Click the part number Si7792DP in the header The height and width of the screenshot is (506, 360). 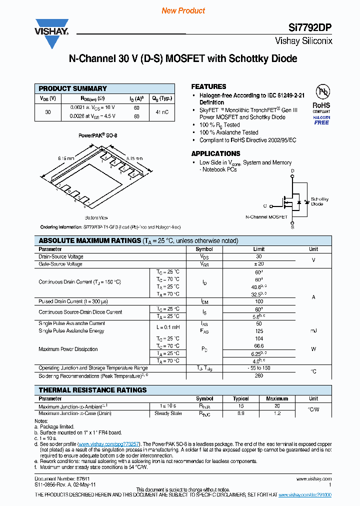click(x=311, y=28)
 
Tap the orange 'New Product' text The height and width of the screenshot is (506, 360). click(x=183, y=10)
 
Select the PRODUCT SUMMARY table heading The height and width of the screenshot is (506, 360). click(x=73, y=88)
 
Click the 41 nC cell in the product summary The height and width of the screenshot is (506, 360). click(x=162, y=112)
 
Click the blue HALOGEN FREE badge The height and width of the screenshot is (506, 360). click(x=321, y=119)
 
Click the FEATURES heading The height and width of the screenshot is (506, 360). click(x=208, y=86)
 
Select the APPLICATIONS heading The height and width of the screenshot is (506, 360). click(x=215, y=153)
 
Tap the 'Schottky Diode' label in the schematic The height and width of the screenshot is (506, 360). click(x=319, y=201)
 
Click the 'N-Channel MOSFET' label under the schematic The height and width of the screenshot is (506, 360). click(x=266, y=217)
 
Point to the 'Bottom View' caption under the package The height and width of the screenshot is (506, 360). click(x=96, y=217)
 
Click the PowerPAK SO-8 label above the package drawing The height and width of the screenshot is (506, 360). click(x=98, y=135)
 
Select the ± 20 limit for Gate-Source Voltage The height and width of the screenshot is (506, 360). click(x=258, y=263)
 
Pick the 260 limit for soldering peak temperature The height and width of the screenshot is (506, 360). click(x=258, y=375)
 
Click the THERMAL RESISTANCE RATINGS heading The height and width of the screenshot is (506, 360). click(x=92, y=390)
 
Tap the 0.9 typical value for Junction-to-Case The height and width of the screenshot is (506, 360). click(x=240, y=413)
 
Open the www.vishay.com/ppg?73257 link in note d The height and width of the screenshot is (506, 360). click(x=109, y=443)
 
